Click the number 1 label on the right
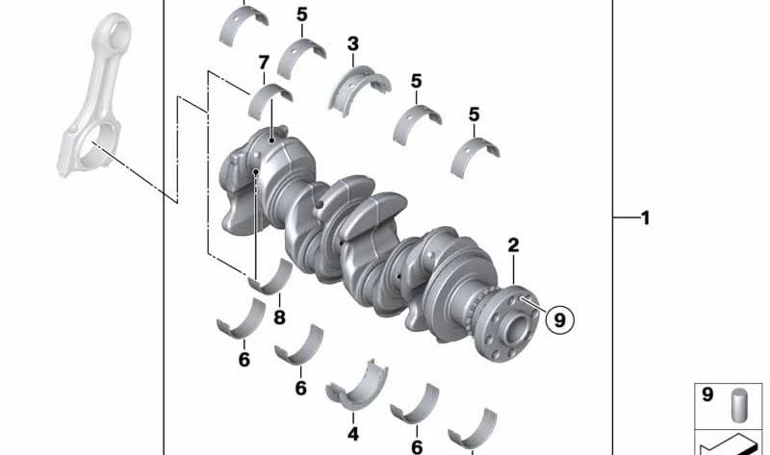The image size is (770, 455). [x=646, y=218]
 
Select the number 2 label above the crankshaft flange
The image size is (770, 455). [x=514, y=246]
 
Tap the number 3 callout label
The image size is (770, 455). [x=353, y=43]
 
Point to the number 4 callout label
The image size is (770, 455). [x=353, y=435]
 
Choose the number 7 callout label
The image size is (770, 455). [x=263, y=63]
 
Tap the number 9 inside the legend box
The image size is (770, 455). [x=706, y=395]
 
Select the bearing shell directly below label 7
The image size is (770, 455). [x=270, y=97]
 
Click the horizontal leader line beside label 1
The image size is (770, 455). [x=624, y=218]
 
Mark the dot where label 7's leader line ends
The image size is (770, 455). [x=272, y=139]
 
